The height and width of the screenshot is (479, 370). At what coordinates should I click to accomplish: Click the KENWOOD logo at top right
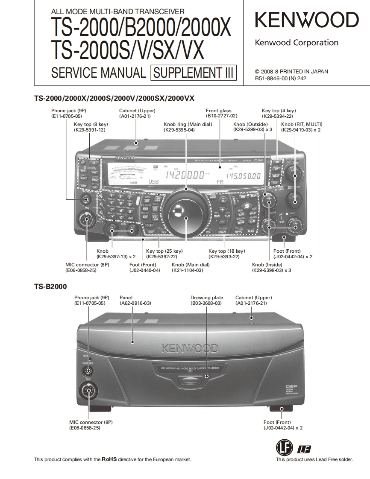tap(306, 20)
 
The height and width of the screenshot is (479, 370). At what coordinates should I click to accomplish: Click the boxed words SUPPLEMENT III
tap(193, 73)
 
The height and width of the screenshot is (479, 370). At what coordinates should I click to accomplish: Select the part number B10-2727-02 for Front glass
tap(221, 116)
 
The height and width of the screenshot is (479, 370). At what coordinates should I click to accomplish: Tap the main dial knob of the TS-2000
tap(186, 212)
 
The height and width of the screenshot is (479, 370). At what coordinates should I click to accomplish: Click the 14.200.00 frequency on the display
tap(185, 175)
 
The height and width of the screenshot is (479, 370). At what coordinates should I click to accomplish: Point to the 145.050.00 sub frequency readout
tap(243, 175)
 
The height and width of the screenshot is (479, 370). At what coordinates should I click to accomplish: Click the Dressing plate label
tap(206, 298)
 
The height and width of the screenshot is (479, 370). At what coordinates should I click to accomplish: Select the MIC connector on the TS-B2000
tap(89, 391)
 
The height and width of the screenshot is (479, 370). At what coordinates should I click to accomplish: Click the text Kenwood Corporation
tap(297, 43)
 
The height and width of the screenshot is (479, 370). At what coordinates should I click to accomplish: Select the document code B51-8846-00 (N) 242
tap(280, 78)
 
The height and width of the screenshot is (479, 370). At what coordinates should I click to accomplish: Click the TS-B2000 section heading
tap(50, 287)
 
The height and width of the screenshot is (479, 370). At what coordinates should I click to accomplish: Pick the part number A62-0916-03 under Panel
tap(135, 303)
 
